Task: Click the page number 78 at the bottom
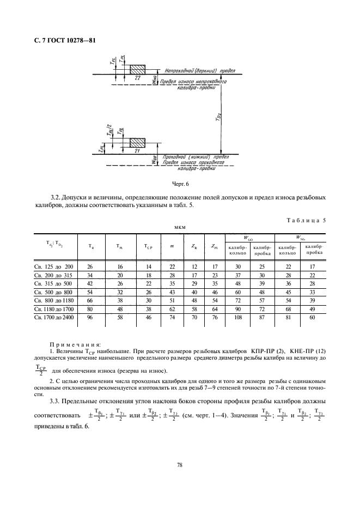(x=179, y=465)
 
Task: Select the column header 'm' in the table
(x=172, y=247)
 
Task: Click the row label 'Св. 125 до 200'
(x=53, y=266)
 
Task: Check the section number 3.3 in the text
(x=54, y=401)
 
